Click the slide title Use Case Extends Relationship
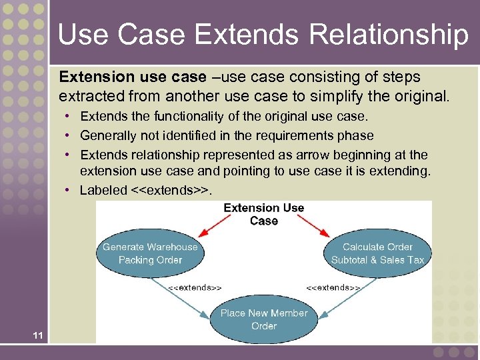263,35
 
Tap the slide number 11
37,335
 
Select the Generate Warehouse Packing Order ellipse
150,253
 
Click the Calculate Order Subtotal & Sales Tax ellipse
377,253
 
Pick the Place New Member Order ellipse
264,319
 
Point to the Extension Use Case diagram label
264,214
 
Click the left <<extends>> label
195,287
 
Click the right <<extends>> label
333,287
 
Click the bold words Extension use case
133,78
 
